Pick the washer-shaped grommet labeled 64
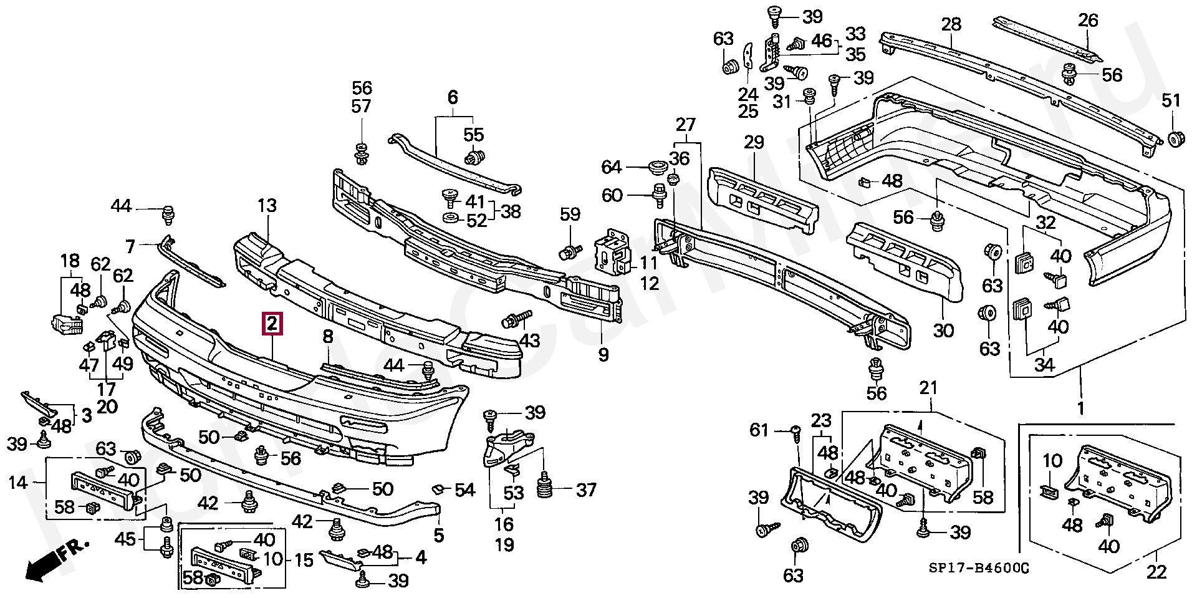tap(656, 167)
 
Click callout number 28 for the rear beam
tap(951, 26)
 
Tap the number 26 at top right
tap(1088, 21)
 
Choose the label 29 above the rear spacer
tap(754, 143)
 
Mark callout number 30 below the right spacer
tap(943, 330)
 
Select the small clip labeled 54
tap(439, 489)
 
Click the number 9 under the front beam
tap(603, 355)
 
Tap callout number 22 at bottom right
tap(1156, 573)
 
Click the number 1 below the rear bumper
tap(1080, 409)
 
